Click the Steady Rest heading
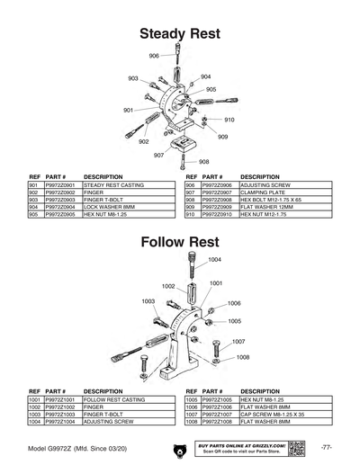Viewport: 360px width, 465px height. coord(180,34)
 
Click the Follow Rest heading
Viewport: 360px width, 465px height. coord(180,242)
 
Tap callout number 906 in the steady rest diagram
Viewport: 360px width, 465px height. coord(154,56)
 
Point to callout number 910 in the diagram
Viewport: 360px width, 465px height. coord(229,120)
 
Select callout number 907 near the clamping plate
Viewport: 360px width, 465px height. coord(158,155)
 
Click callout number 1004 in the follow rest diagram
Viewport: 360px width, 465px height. coord(214,259)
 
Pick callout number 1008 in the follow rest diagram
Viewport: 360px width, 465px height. coord(243,357)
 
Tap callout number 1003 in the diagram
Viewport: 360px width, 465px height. coord(148,301)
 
